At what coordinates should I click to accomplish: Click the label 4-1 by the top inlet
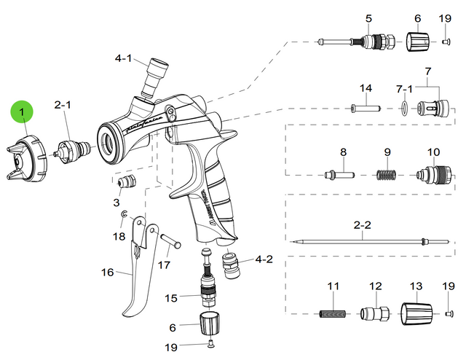point(124,58)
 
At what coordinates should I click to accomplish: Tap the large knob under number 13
point(417,314)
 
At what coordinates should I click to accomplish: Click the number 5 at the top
point(368,17)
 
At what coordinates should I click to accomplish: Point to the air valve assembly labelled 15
point(210,288)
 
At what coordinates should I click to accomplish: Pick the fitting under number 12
point(375,315)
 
